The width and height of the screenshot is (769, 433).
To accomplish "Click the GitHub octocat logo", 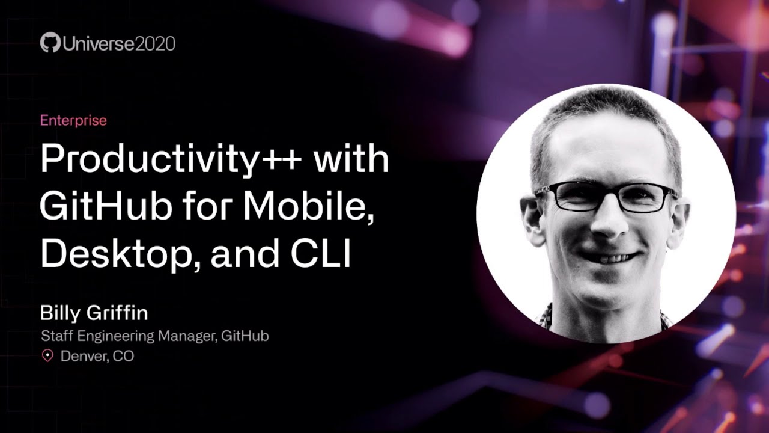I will [x=50, y=43].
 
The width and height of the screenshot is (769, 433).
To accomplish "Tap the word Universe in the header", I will [x=94, y=43].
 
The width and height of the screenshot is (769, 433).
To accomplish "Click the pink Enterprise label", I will [x=73, y=120].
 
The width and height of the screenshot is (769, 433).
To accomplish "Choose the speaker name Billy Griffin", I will [x=94, y=313].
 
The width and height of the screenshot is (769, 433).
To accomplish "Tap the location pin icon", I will [x=47, y=356].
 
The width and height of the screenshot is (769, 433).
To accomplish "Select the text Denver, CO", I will [x=97, y=356].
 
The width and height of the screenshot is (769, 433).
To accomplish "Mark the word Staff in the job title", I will [x=55, y=336].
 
